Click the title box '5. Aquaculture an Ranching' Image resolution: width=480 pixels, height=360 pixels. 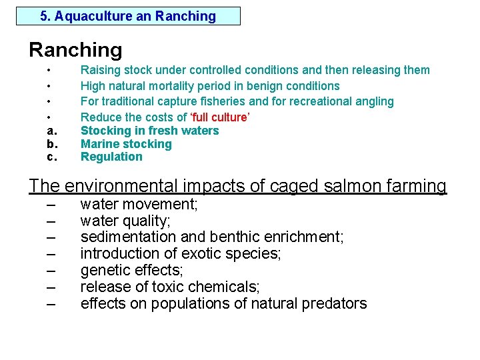(x=128, y=16)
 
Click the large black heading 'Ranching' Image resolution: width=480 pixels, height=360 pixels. (x=75, y=50)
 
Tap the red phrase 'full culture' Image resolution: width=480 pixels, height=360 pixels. (x=219, y=117)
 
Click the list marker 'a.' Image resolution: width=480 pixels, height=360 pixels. (x=51, y=131)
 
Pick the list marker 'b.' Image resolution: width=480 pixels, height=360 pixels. (x=51, y=144)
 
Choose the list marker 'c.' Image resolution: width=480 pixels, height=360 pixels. (x=51, y=157)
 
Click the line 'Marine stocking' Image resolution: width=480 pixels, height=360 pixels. (x=126, y=144)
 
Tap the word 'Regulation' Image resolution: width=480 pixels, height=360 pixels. (x=111, y=157)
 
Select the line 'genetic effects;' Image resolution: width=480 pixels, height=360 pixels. (x=132, y=270)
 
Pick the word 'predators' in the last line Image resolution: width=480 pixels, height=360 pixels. (x=335, y=304)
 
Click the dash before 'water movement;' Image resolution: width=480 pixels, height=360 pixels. (x=51, y=205)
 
